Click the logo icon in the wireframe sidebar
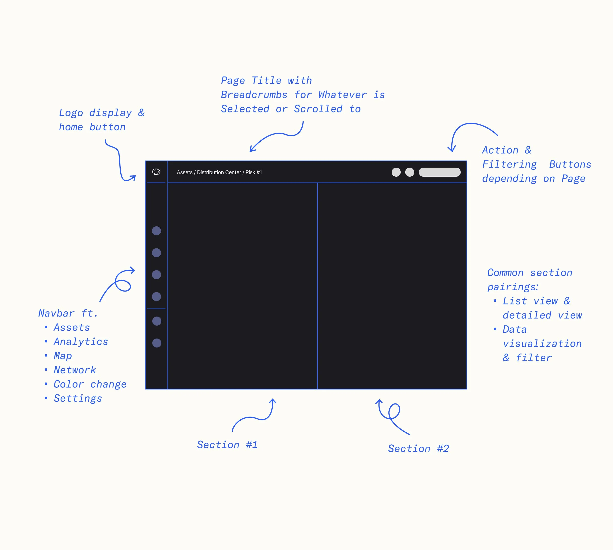point(156,172)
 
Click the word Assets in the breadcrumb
point(184,172)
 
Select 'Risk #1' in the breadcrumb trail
point(254,172)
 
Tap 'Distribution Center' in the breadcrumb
point(219,172)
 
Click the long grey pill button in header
point(439,172)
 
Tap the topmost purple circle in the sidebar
point(156,231)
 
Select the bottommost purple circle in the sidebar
point(157,343)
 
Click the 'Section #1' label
point(227,445)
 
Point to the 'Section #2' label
point(418,449)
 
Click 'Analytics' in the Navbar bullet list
point(81,342)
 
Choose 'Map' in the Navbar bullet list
point(63,356)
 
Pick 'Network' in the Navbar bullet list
point(75,370)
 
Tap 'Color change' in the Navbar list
point(90,384)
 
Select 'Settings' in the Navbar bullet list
point(78,398)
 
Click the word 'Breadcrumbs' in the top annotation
point(254,95)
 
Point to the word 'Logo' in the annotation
point(71,113)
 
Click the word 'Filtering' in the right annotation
point(510,164)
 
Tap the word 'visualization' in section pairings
point(542,344)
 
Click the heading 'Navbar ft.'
point(68,313)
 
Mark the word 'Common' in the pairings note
point(505,273)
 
